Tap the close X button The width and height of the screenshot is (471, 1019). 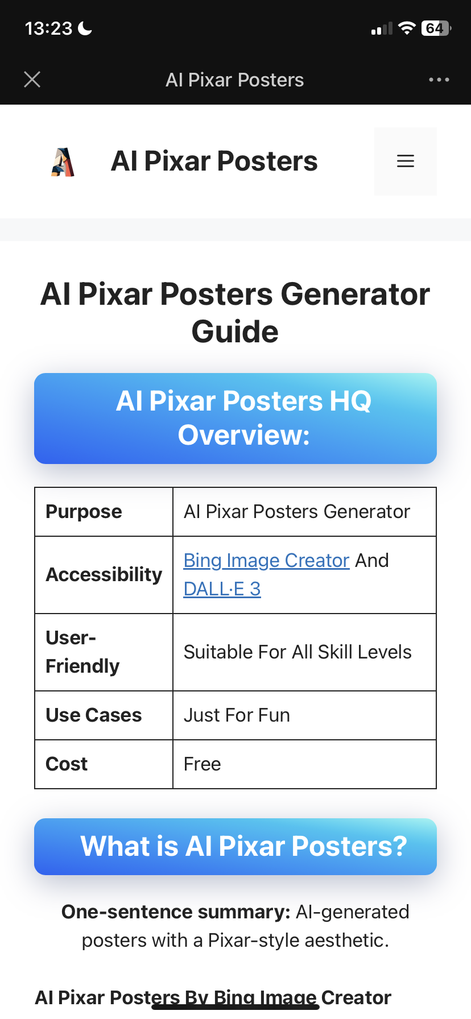click(32, 80)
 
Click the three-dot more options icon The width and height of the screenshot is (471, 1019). click(439, 80)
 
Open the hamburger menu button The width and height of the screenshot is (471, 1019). click(405, 161)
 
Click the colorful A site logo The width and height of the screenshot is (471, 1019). click(63, 162)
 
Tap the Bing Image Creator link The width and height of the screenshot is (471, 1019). click(266, 561)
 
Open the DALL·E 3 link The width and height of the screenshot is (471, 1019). click(222, 589)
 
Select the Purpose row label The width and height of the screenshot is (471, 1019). click(84, 512)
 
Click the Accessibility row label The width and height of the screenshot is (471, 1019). click(104, 575)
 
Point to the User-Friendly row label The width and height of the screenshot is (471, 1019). click(82, 652)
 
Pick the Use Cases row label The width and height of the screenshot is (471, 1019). click(94, 715)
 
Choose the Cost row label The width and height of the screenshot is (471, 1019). click(67, 764)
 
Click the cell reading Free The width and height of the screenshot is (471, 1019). click(203, 764)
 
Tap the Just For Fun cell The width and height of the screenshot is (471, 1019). click(237, 715)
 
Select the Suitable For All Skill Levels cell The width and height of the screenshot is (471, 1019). click(298, 652)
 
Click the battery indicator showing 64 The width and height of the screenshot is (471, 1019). click(436, 28)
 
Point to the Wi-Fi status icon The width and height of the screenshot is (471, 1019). click(407, 28)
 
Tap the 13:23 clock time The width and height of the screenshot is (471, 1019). click(49, 28)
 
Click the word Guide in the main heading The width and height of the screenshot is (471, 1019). click(235, 332)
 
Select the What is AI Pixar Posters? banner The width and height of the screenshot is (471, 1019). click(235, 847)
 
